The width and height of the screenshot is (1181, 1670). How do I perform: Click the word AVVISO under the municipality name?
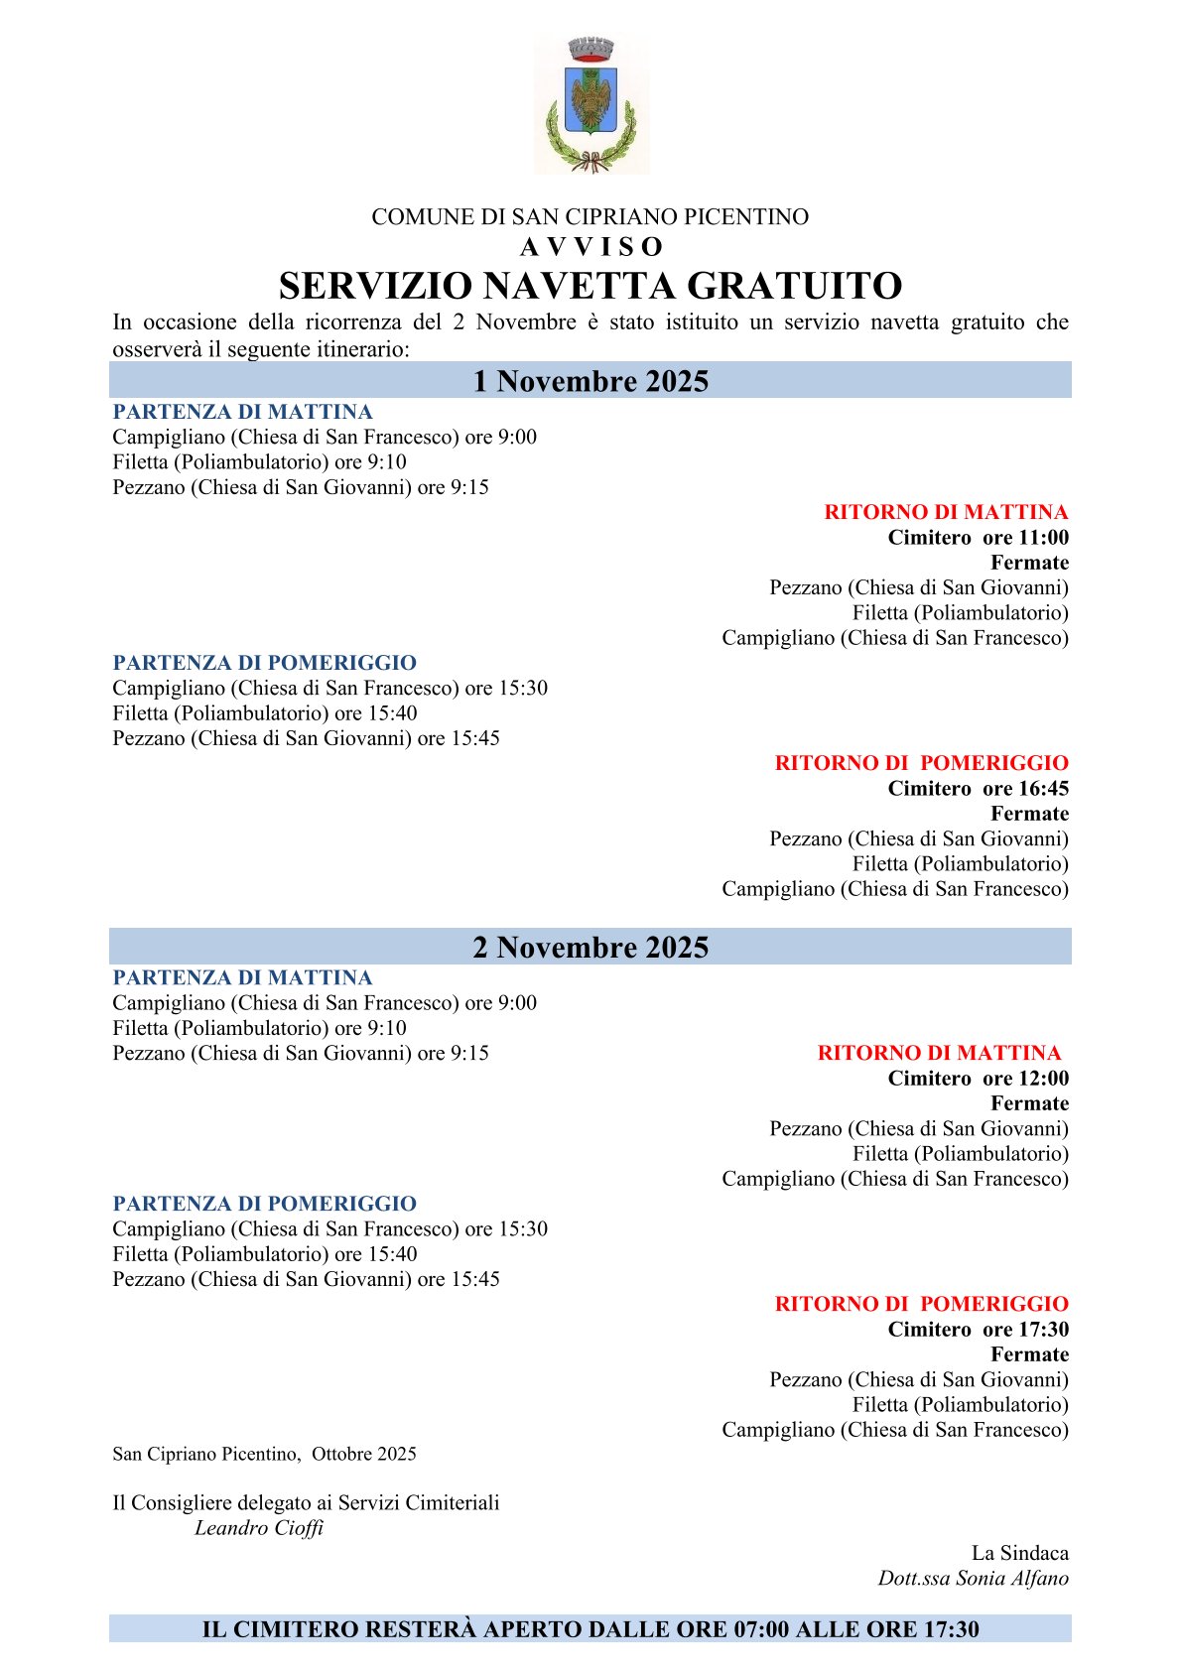590,247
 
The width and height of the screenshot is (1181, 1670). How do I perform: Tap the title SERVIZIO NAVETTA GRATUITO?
590,286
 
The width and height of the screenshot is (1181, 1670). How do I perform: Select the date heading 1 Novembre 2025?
590,381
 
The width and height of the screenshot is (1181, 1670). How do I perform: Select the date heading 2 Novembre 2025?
590,948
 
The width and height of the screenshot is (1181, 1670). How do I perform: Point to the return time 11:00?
1043,538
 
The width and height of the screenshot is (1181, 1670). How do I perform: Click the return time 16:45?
1043,789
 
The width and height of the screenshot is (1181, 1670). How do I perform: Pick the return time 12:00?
1043,1079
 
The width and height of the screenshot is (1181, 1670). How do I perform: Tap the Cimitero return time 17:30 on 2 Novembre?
1043,1330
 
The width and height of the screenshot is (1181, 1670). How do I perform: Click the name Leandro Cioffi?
259,1528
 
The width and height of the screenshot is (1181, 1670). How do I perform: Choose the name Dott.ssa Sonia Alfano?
973,1579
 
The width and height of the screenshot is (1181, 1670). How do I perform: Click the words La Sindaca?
1019,1553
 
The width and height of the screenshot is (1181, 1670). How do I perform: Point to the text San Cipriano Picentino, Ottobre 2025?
264,1454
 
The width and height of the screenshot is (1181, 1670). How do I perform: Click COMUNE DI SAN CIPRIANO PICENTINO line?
590,217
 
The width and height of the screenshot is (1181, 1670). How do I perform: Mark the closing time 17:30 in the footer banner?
951,1629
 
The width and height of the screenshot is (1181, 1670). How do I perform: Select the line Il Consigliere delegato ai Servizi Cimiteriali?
306,1502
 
